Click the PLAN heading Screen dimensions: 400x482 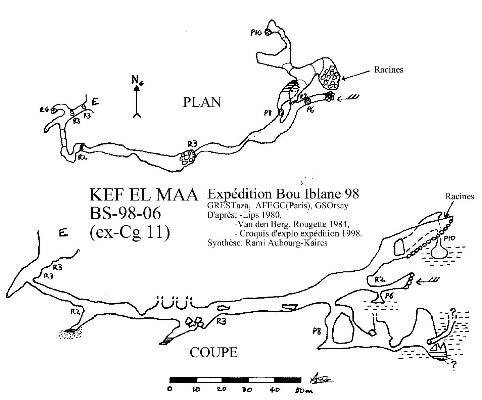coord(202,102)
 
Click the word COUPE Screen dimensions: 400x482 coord(213,352)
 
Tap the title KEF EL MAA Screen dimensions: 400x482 coord(144,195)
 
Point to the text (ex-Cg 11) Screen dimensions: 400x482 coord(130,232)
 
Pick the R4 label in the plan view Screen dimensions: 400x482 coord(45,109)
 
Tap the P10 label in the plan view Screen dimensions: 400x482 coord(255,33)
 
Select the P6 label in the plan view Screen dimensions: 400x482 coord(310,109)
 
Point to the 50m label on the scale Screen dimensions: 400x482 coord(304,391)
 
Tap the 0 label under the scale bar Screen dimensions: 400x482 coord(170,390)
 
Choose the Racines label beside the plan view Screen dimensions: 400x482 coord(388,70)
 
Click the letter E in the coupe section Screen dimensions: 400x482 coord(62,233)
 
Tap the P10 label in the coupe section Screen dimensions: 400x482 coord(450,238)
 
